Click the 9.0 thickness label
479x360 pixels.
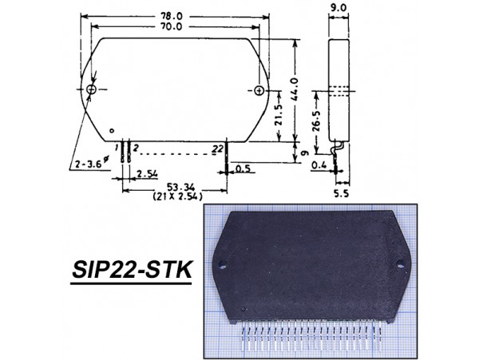[339, 10]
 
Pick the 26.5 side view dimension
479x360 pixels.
[317, 123]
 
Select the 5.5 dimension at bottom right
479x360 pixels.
[342, 193]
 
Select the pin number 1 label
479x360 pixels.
[117, 148]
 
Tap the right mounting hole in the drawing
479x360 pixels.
[259, 89]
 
